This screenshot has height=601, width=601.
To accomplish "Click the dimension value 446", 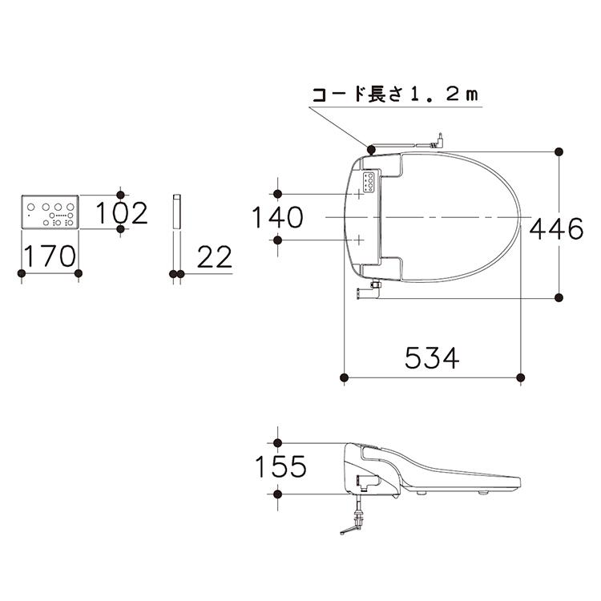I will tap(555, 229).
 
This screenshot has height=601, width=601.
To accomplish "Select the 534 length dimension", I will tap(432, 357).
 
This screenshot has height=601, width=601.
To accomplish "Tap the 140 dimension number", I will tap(277, 217).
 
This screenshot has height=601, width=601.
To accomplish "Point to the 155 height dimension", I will tap(281, 466).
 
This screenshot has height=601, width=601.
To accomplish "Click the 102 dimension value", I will tap(123, 213).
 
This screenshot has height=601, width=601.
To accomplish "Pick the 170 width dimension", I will tap(50, 256).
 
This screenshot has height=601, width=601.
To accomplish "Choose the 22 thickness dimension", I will tap(214, 256).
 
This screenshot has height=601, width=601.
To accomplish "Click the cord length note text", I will tap(394, 94).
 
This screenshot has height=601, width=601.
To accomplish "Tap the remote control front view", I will tap(50, 212).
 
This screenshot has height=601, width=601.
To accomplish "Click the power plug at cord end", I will tap(438, 141).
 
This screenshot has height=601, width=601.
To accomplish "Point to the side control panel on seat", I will tap(370, 183).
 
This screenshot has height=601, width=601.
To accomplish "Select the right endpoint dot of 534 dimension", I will tap(522, 377).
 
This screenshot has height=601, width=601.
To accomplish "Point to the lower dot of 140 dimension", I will tap(279, 240).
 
